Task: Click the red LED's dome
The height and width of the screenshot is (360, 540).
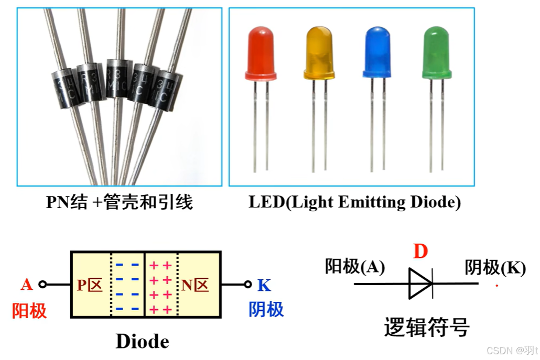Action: [261, 52]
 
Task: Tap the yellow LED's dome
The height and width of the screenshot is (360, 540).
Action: [319, 52]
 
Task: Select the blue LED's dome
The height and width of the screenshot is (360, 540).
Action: [378, 52]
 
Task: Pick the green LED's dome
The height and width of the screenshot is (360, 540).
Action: [437, 52]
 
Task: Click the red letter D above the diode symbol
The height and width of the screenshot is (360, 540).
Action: [420, 252]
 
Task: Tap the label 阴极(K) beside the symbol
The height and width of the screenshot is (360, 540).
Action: [495, 268]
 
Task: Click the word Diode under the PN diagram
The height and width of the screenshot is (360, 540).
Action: [142, 342]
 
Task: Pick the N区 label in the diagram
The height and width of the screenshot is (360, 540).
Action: [195, 285]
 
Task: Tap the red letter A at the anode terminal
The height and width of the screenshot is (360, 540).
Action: [27, 285]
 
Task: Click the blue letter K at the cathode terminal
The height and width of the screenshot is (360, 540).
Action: [264, 285]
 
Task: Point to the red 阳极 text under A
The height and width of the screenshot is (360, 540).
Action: [29, 311]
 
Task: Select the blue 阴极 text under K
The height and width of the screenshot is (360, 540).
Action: [266, 309]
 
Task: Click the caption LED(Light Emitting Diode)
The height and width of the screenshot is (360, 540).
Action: [354, 202]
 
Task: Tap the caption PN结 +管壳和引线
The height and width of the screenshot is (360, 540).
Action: [120, 202]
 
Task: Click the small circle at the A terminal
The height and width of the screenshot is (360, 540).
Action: [42, 285]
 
